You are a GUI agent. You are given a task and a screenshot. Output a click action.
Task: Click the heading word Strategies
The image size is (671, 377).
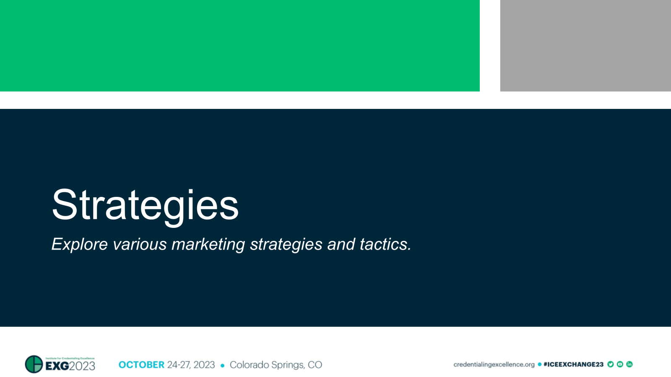(x=145, y=205)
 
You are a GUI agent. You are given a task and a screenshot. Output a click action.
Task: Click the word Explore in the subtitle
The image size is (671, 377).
(x=79, y=244)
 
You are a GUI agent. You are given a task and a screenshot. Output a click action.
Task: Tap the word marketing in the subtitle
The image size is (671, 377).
(x=208, y=244)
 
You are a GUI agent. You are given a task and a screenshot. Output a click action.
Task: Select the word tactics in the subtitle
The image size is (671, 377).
(x=385, y=244)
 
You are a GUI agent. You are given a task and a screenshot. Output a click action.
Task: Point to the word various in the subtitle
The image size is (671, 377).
(x=140, y=244)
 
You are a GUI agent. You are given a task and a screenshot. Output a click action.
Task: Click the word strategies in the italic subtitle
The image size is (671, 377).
(x=286, y=244)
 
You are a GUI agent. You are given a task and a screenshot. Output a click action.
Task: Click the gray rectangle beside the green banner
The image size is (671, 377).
(x=585, y=46)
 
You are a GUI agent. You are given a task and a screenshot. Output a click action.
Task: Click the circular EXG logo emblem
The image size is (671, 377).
(x=34, y=364)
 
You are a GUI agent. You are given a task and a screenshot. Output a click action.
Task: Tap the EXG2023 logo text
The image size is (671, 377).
(x=70, y=366)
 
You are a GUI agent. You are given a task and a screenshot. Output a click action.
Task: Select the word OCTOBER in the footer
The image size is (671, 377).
(x=141, y=365)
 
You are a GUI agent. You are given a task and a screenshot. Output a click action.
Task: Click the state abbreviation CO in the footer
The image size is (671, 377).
(x=315, y=365)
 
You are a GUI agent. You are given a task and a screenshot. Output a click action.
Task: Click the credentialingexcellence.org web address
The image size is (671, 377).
(x=494, y=364)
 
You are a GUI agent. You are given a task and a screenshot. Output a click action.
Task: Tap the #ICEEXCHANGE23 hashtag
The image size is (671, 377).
(x=573, y=364)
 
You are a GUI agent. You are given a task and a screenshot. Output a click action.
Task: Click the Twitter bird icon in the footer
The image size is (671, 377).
(x=611, y=364)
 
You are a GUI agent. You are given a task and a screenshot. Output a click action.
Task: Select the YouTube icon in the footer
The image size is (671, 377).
(x=620, y=364)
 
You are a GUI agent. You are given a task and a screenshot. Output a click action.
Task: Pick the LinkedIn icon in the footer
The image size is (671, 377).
(x=629, y=364)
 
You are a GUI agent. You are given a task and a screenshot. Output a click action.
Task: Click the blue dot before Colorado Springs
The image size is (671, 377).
(x=222, y=365)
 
